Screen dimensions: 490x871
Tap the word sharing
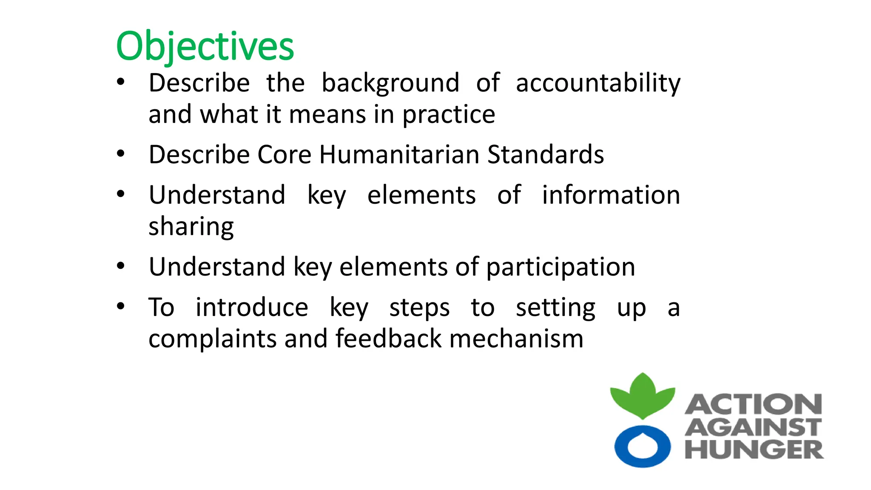click(191, 226)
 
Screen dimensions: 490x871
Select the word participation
click(560, 267)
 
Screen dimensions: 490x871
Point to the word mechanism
click(516, 339)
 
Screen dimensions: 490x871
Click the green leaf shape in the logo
click(642, 398)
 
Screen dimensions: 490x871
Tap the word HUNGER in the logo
click(754, 450)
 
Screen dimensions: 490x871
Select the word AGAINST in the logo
click(753, 427)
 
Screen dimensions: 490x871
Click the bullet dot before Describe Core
click(121, 154)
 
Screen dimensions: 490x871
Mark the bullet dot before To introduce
click(121, 306)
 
